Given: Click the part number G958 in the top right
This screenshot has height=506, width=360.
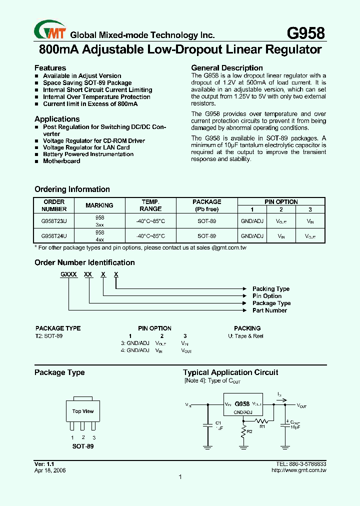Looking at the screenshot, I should [x=305, y=33].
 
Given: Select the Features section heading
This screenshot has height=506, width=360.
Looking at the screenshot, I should [x=50, y=68].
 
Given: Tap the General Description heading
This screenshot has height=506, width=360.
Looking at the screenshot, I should [x=227, y=68].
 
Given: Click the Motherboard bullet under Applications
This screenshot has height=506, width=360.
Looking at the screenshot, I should [x=61, y=161].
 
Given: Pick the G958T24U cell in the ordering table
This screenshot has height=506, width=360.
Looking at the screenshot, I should [x=54, y=235].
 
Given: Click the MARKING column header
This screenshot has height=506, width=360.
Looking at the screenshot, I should [x=99, y=205].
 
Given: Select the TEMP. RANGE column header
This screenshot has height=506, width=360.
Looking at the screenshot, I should [x=150, y=205].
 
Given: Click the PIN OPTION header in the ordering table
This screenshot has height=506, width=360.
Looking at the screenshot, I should [x=281, y=202].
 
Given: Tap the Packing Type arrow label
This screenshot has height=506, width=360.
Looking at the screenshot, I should [x=270, y=289].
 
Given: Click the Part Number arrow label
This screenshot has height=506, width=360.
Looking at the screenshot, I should [x=269, y=310].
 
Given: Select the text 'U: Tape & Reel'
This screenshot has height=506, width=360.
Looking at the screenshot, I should [x=242, y=336].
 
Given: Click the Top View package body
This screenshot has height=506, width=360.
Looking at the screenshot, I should [x=83, y=411].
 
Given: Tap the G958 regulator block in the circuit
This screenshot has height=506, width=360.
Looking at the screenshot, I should [x=242, y=404].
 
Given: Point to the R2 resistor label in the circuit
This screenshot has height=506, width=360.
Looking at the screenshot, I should [x=249, y=431].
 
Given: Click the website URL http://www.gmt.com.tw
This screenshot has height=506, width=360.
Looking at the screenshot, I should [x=298, y=470].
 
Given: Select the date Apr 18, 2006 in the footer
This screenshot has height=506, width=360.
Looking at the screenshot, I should [x=50, y=470].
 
